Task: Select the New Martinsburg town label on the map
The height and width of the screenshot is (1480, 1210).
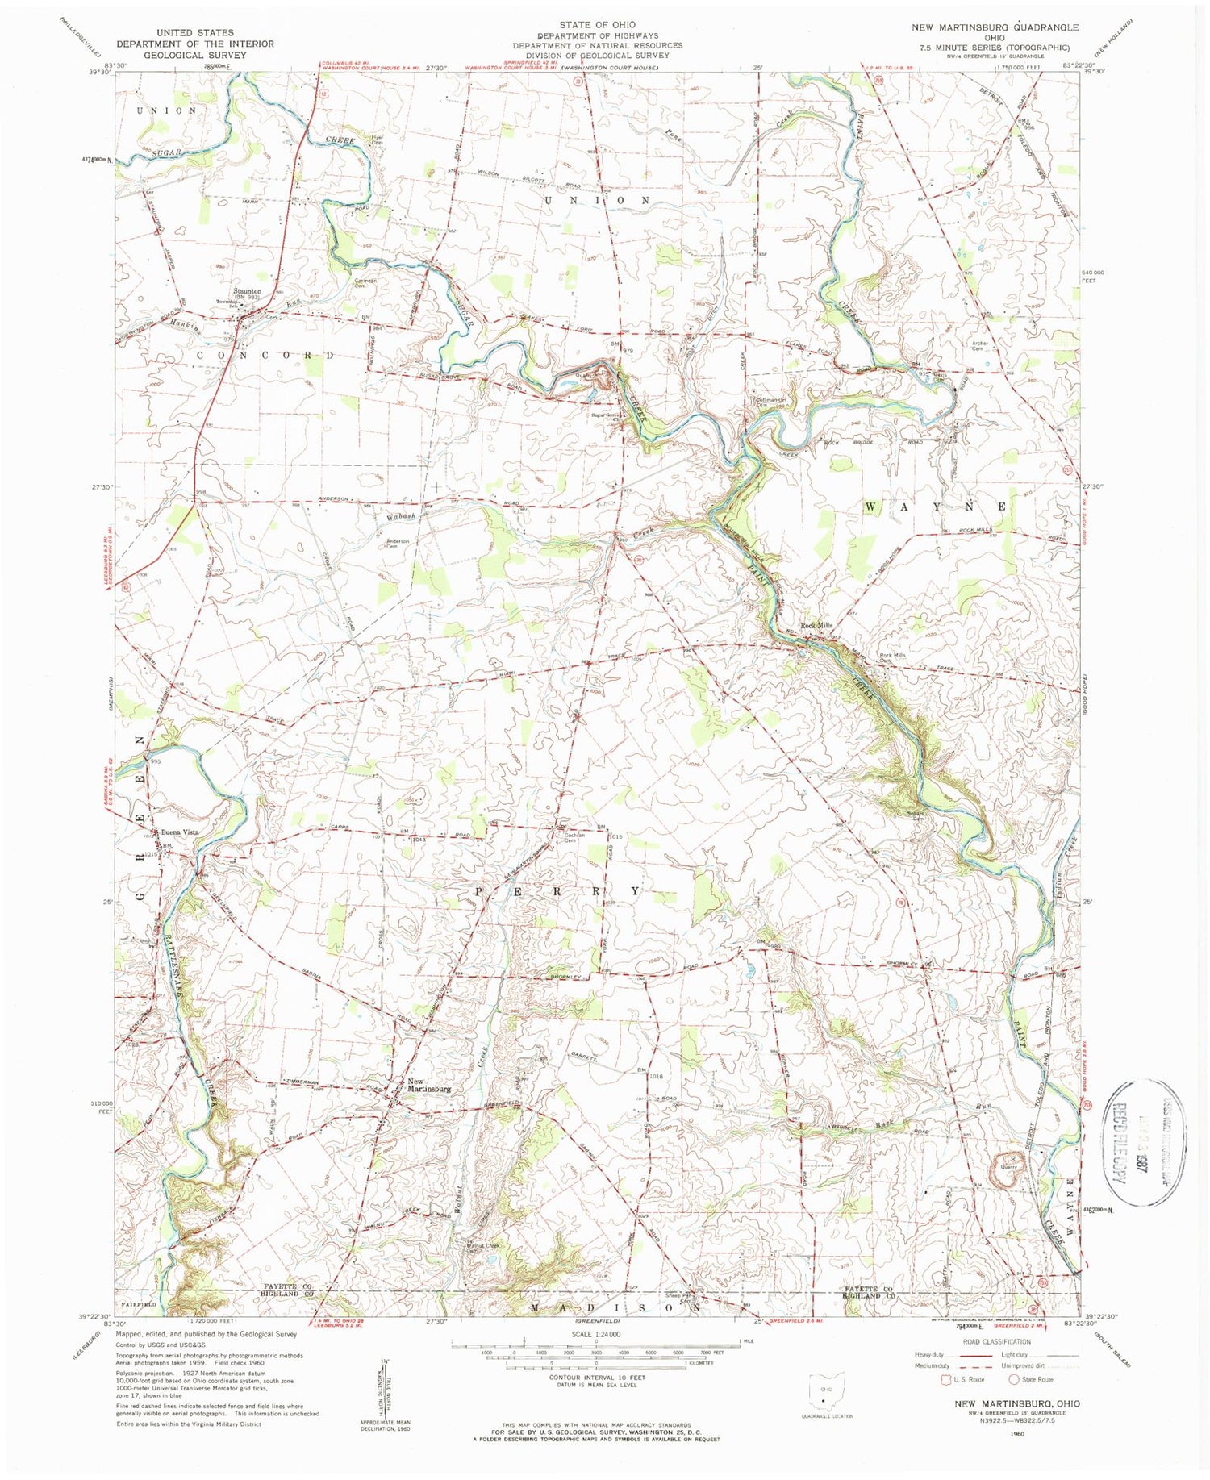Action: coord(428,1085)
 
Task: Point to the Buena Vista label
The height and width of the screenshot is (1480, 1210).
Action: coord(179,832)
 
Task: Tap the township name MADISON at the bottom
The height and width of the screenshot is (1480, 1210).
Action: coord(615,1307)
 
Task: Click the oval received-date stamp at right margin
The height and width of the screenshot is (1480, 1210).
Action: coord(1143,1141)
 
